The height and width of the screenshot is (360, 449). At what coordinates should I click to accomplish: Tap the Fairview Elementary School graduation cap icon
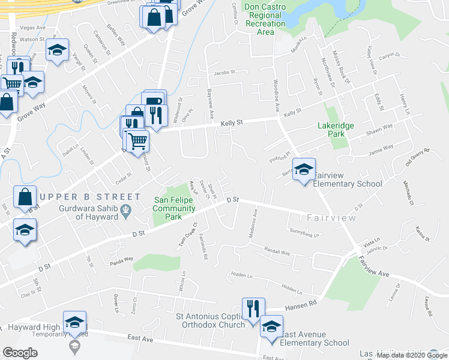click(304, 170)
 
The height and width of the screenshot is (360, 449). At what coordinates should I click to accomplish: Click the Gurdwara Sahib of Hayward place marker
click(125, 209)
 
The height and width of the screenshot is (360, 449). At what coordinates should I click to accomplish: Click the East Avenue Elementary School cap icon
click(271, 326)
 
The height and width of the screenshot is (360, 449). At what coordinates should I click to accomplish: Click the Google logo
click(20, 352)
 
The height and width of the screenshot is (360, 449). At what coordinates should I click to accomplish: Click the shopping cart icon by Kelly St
click(138, 140)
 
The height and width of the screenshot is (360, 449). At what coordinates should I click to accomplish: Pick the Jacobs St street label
click(223, 73)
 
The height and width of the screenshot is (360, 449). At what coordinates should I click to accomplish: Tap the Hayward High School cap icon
click(75, 322)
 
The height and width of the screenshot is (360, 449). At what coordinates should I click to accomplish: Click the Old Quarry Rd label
click(418, 157)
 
